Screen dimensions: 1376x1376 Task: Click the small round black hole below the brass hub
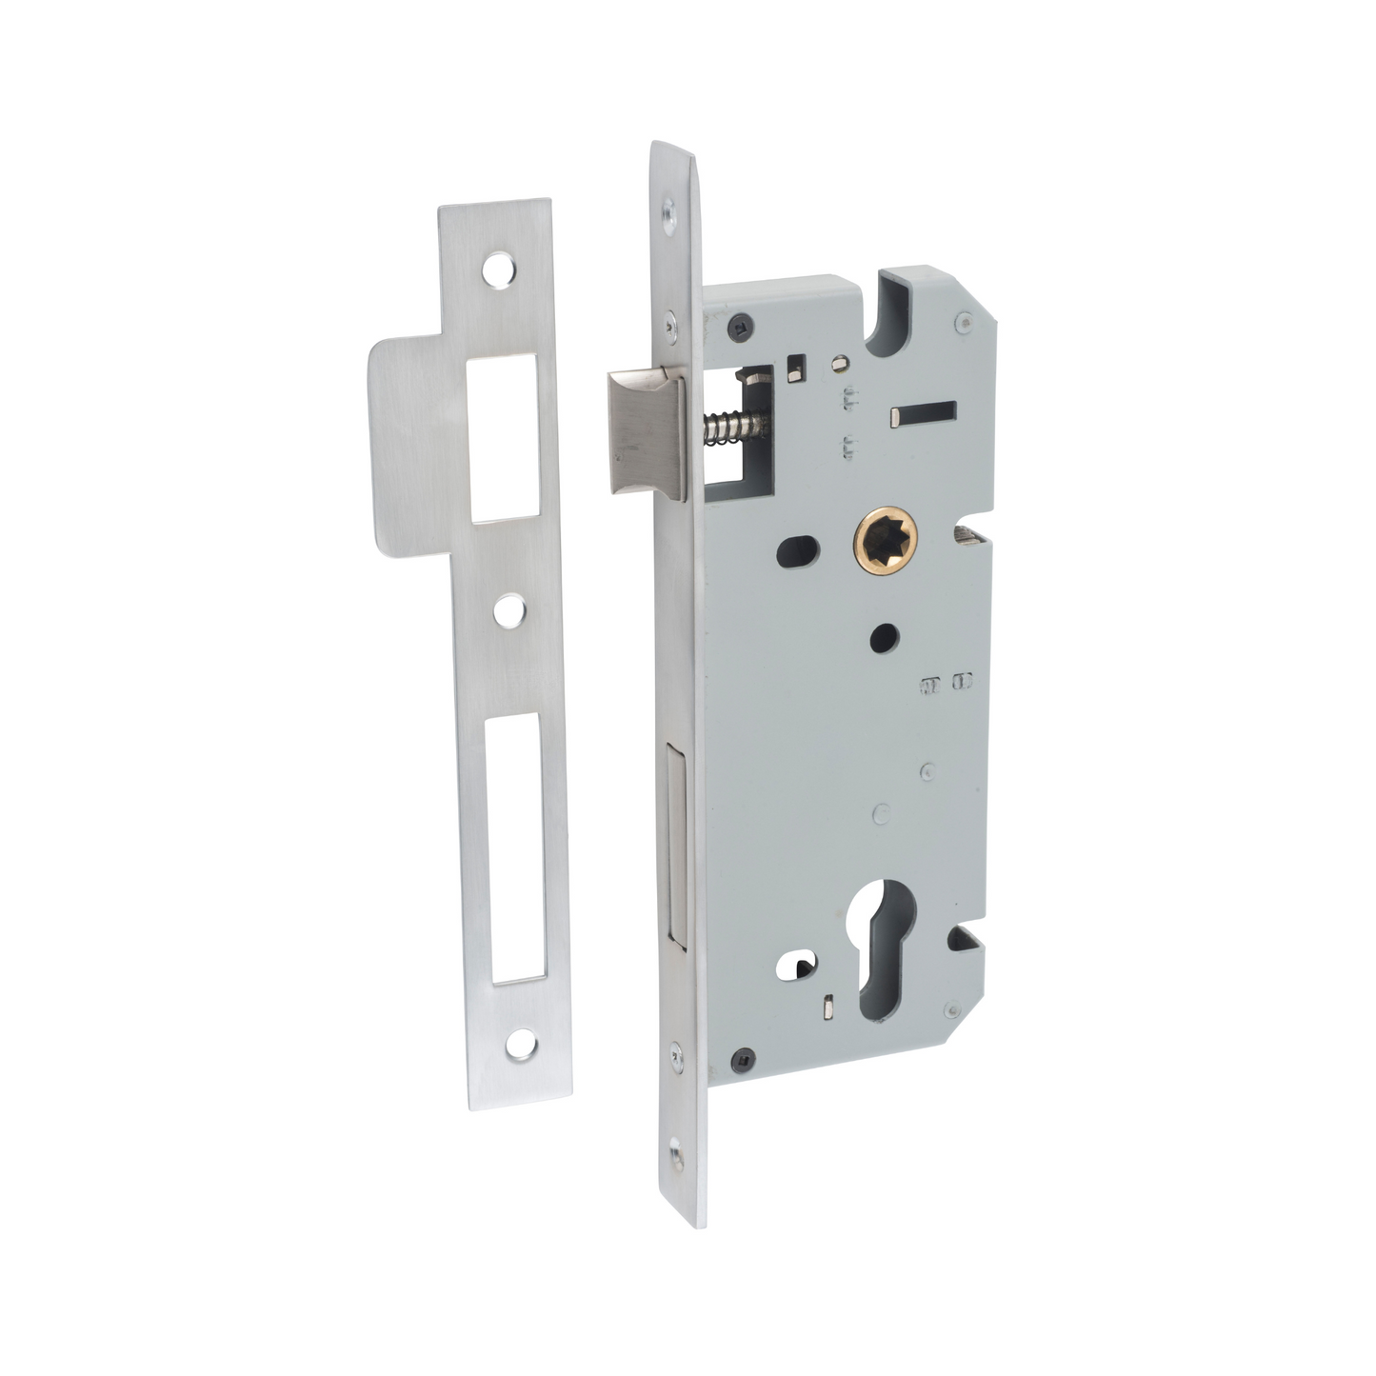pos(885,639)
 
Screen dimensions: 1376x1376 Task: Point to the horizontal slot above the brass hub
pos(923,414)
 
